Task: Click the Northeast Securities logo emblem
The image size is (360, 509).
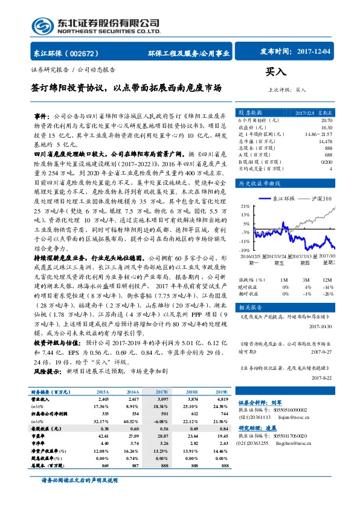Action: point(44,26)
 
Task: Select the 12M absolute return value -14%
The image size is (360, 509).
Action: point(329,287)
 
